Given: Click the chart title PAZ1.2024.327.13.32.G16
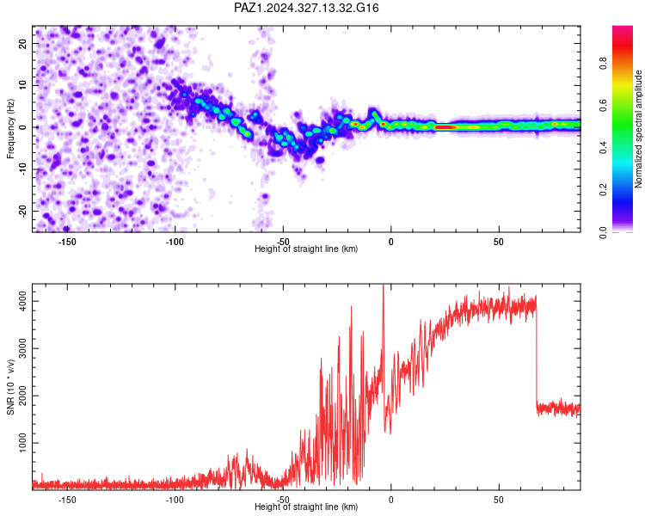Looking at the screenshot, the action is (306, 8).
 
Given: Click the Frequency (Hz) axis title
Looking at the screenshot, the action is (10, 129).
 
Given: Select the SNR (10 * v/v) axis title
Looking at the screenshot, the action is (10, 387).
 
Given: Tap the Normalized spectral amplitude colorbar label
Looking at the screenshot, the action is (638, 129).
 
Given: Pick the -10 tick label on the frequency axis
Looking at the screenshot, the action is (23, 169).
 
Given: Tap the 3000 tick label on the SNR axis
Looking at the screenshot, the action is (23, 348).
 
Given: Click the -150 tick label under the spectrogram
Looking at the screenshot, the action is (67, 242).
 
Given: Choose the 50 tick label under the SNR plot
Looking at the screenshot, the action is (499, 500).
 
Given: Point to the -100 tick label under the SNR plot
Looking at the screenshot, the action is (175, 500).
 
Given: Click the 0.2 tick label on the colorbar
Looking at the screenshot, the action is (603, 190).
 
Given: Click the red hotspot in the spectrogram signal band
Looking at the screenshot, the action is (445, 127).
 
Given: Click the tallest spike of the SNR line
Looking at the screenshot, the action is (384, 286).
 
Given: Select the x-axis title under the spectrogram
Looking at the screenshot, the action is (306, 249).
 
